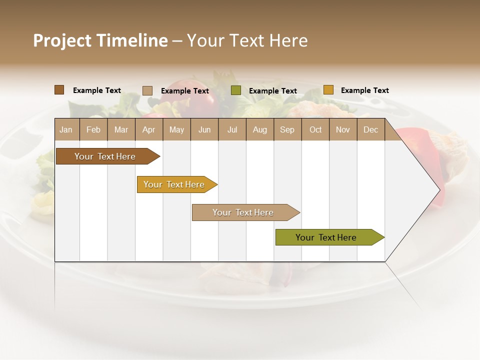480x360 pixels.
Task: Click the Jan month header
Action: coord(66,129)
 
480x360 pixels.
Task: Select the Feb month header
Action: coord(93,129)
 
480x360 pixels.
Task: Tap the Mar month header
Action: coord(121,129)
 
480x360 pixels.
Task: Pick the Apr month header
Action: coord(149,129)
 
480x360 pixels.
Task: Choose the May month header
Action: coord(176,129)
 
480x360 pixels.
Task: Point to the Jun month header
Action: coord(204,129)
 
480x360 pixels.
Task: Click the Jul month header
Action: coord(232,129)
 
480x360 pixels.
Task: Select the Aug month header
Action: coord(260,129)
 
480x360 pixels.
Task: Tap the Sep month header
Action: coord(287,129)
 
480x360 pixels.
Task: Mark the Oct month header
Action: coord(315,129)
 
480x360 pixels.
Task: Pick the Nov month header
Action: coord(343,129)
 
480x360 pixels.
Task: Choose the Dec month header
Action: coord(371,129)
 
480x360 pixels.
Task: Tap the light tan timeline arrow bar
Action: coord(244,212)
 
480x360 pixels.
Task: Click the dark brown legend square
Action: coord(59,90)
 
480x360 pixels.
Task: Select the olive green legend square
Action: coord(236,90)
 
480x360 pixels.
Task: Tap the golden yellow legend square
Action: coord(328,90)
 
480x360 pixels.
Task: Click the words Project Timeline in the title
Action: coord(100,40)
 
